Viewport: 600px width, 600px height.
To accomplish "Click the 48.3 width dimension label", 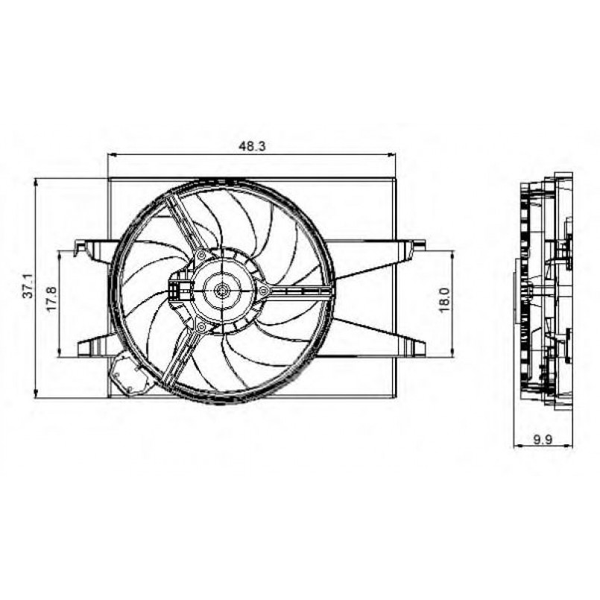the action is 252,146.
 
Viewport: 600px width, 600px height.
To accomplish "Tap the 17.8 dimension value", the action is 52,298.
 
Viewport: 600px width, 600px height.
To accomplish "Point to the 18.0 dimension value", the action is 444,300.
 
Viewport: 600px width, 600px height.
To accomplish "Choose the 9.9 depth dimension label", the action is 543,440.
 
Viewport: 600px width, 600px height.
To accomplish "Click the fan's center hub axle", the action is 221,291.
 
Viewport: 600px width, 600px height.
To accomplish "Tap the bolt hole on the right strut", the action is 263,291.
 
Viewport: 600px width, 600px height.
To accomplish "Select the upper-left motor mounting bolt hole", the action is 201,255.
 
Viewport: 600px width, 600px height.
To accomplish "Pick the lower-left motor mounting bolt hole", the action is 200,326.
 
